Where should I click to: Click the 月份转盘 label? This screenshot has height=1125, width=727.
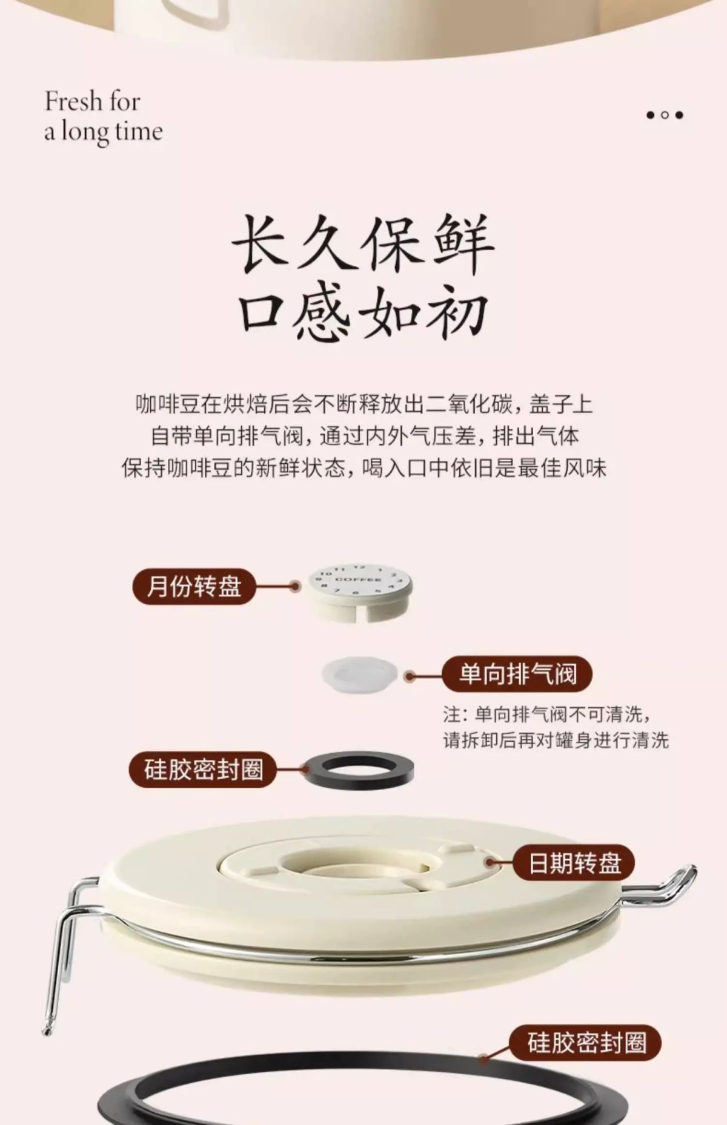click(x=194, y=586)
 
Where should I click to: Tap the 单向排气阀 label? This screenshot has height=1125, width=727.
click(x=517, y=673)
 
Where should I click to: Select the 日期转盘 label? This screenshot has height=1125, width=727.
click(x=574, y=863)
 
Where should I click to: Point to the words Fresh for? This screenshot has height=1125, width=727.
click(x=92, y=101)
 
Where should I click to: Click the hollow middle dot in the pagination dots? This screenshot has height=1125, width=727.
click(x=665, y=115)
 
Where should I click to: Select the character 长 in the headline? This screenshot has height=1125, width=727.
click(x=261, y=244)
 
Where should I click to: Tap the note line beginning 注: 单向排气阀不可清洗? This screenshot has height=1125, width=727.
click(x=548, y=714)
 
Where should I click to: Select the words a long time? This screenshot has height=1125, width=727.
click(x=104, y=132)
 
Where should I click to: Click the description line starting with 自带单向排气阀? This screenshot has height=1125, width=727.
click(x=364, y=436)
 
